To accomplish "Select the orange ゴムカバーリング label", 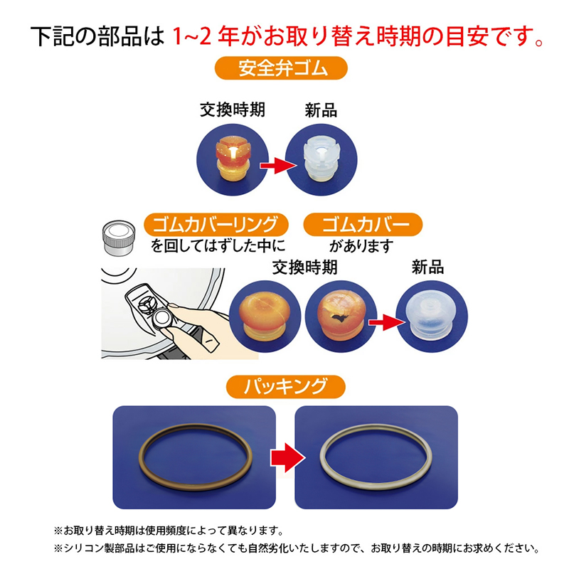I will click(216, 225).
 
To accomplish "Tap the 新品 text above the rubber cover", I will click(427, 268).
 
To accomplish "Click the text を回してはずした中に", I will click(217, 247).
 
